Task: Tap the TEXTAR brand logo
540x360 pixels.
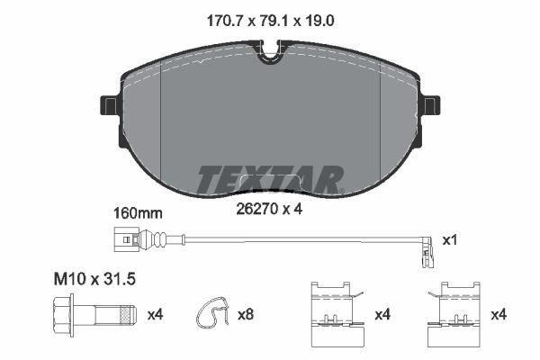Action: pyautogui.click(x=269, y=180)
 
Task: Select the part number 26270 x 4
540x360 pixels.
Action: pyautogui.click(x=268, y=210)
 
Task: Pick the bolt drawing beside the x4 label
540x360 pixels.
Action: pyautogui.click(x=99, y=314)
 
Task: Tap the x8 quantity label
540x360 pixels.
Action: pyautogui.click(x=246, y=314)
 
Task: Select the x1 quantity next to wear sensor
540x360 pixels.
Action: pyautogui.click(x=451, y=240)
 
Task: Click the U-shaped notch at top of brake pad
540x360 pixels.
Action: pyautogui.click(x=269, y=56)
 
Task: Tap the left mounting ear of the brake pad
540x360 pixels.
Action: pyautogui.click(x=111, y=105)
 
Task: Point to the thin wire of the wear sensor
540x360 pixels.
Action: pyautogui.click(x=288, y=239)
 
